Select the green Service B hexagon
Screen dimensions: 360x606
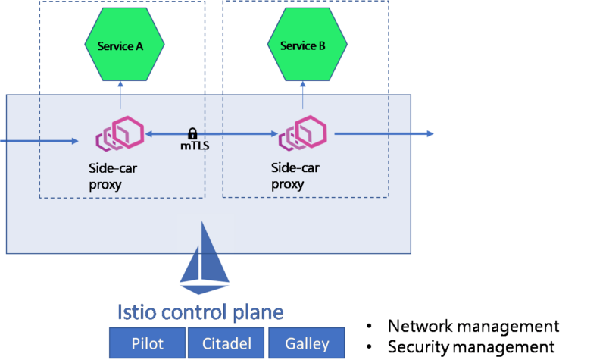303,45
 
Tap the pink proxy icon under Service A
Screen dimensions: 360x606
120,133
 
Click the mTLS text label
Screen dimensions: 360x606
194,146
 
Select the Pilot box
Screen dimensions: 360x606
146,343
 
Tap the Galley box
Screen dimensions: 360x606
306,343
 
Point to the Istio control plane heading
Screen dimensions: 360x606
200,312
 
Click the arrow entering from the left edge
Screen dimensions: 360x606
38,140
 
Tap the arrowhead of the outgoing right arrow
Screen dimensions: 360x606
430,133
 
